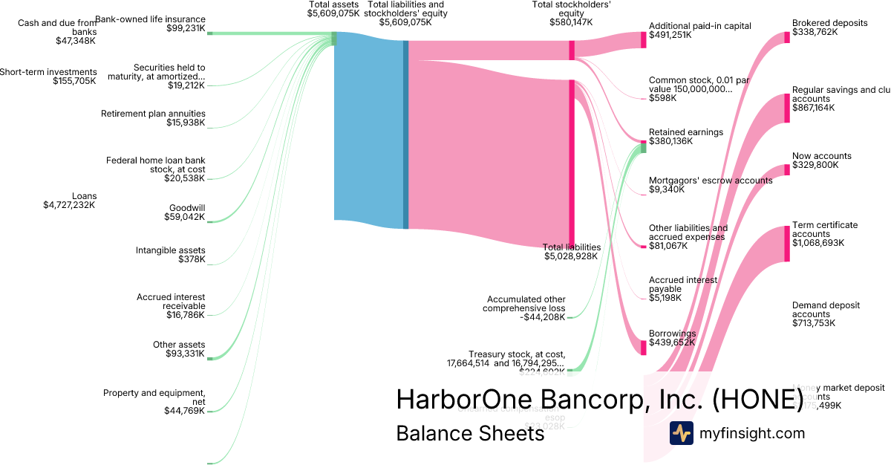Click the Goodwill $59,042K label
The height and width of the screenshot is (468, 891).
click(185, 212)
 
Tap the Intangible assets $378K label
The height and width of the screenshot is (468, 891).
click(171, 255)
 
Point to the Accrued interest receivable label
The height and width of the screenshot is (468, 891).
click(171, 306)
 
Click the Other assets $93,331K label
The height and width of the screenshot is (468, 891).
click(179, 349)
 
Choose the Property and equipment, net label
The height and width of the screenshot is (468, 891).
click(154, 401)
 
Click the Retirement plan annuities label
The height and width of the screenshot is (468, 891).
click(153, 118)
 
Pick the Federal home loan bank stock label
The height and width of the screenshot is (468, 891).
click(156, 169)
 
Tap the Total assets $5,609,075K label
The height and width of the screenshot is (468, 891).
click(334, 9)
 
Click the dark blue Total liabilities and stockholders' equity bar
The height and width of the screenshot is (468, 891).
click(405, 134)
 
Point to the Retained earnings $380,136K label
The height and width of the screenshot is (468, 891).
click(685, 137)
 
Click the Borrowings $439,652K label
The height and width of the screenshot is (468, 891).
click(672, 338)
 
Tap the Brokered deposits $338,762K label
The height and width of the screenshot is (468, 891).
click(829, 27)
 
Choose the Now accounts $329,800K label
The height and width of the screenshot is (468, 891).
click(821, 160)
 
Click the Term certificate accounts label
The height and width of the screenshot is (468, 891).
click(825, 234)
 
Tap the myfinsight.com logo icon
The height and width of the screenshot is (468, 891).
click(681, 433)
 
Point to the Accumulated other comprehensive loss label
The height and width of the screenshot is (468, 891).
click(523, 308)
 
